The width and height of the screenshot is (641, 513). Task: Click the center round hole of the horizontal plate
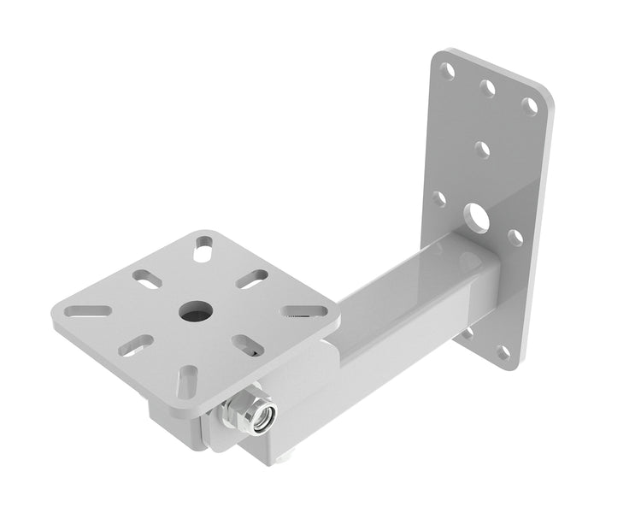(x=195, y=310)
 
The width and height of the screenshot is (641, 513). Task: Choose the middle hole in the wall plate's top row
(x=488, y=87)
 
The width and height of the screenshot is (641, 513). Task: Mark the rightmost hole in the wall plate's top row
(x=530, y=106)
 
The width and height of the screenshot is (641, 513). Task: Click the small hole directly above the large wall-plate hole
(x=483, y=150)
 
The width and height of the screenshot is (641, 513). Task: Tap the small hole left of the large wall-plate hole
(x=438, y=198)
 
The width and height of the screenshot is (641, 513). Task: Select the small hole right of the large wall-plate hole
(x=515, y=237)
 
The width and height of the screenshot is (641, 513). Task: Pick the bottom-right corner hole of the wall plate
(x=503, y=351)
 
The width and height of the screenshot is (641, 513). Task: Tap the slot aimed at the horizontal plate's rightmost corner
(x=304, y=311)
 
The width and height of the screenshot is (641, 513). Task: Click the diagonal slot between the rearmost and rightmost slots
(x=254, y=279)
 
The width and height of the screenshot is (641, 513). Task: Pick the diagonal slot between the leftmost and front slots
(x=136, y=345)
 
